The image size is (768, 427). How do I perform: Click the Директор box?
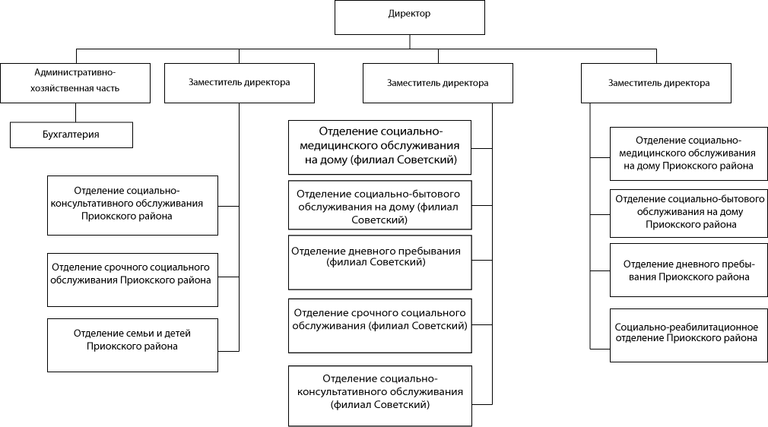click(409, 17)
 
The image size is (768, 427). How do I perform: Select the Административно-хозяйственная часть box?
click(75, 83)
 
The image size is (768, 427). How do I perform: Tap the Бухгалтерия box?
click(71, 134)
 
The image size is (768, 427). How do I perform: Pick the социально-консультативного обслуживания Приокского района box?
click(132, 205)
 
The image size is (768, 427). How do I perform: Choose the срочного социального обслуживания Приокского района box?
click(132, 280)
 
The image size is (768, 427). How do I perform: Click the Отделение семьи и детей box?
click(132, 345)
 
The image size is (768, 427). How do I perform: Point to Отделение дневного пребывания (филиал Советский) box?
click(380, 262)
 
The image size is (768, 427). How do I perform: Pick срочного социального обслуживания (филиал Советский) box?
click(380, 324)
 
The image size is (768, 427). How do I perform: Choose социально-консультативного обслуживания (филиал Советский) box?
click(380, 395)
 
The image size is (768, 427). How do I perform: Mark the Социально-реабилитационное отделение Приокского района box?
click(687, 335)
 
